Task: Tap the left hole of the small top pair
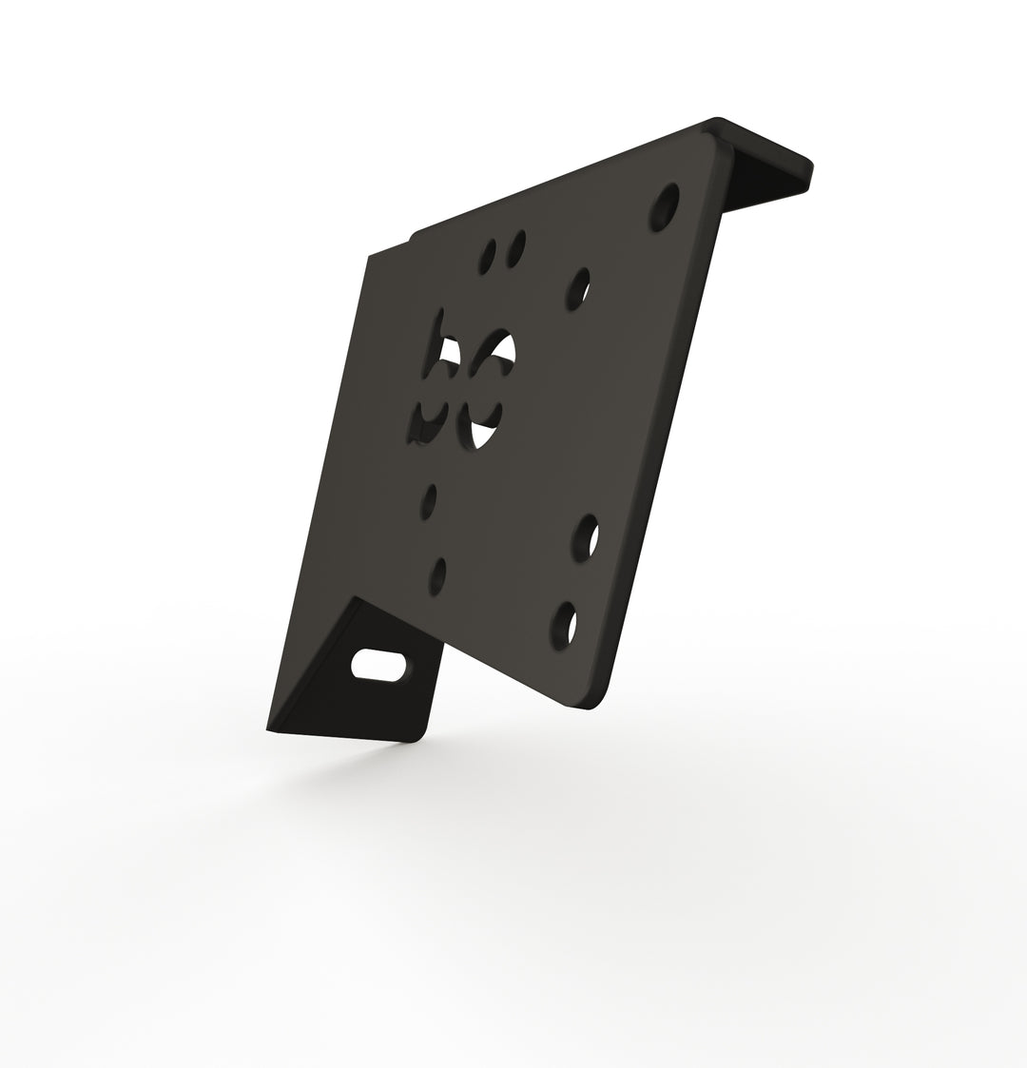coord(489,255)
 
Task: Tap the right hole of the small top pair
coord(515,248)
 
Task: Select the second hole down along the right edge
coord(579,287)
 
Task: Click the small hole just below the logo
coord(429,499)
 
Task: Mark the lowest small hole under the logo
coord(437,574)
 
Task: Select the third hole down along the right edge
coord(585,538)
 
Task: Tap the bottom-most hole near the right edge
coord(564,624)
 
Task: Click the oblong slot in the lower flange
coord(378,664)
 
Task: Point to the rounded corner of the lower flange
coord(416,734)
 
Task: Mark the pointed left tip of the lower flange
coord(270,729)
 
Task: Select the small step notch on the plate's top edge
coord(412,236)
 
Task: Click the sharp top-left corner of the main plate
coord(368,256)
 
